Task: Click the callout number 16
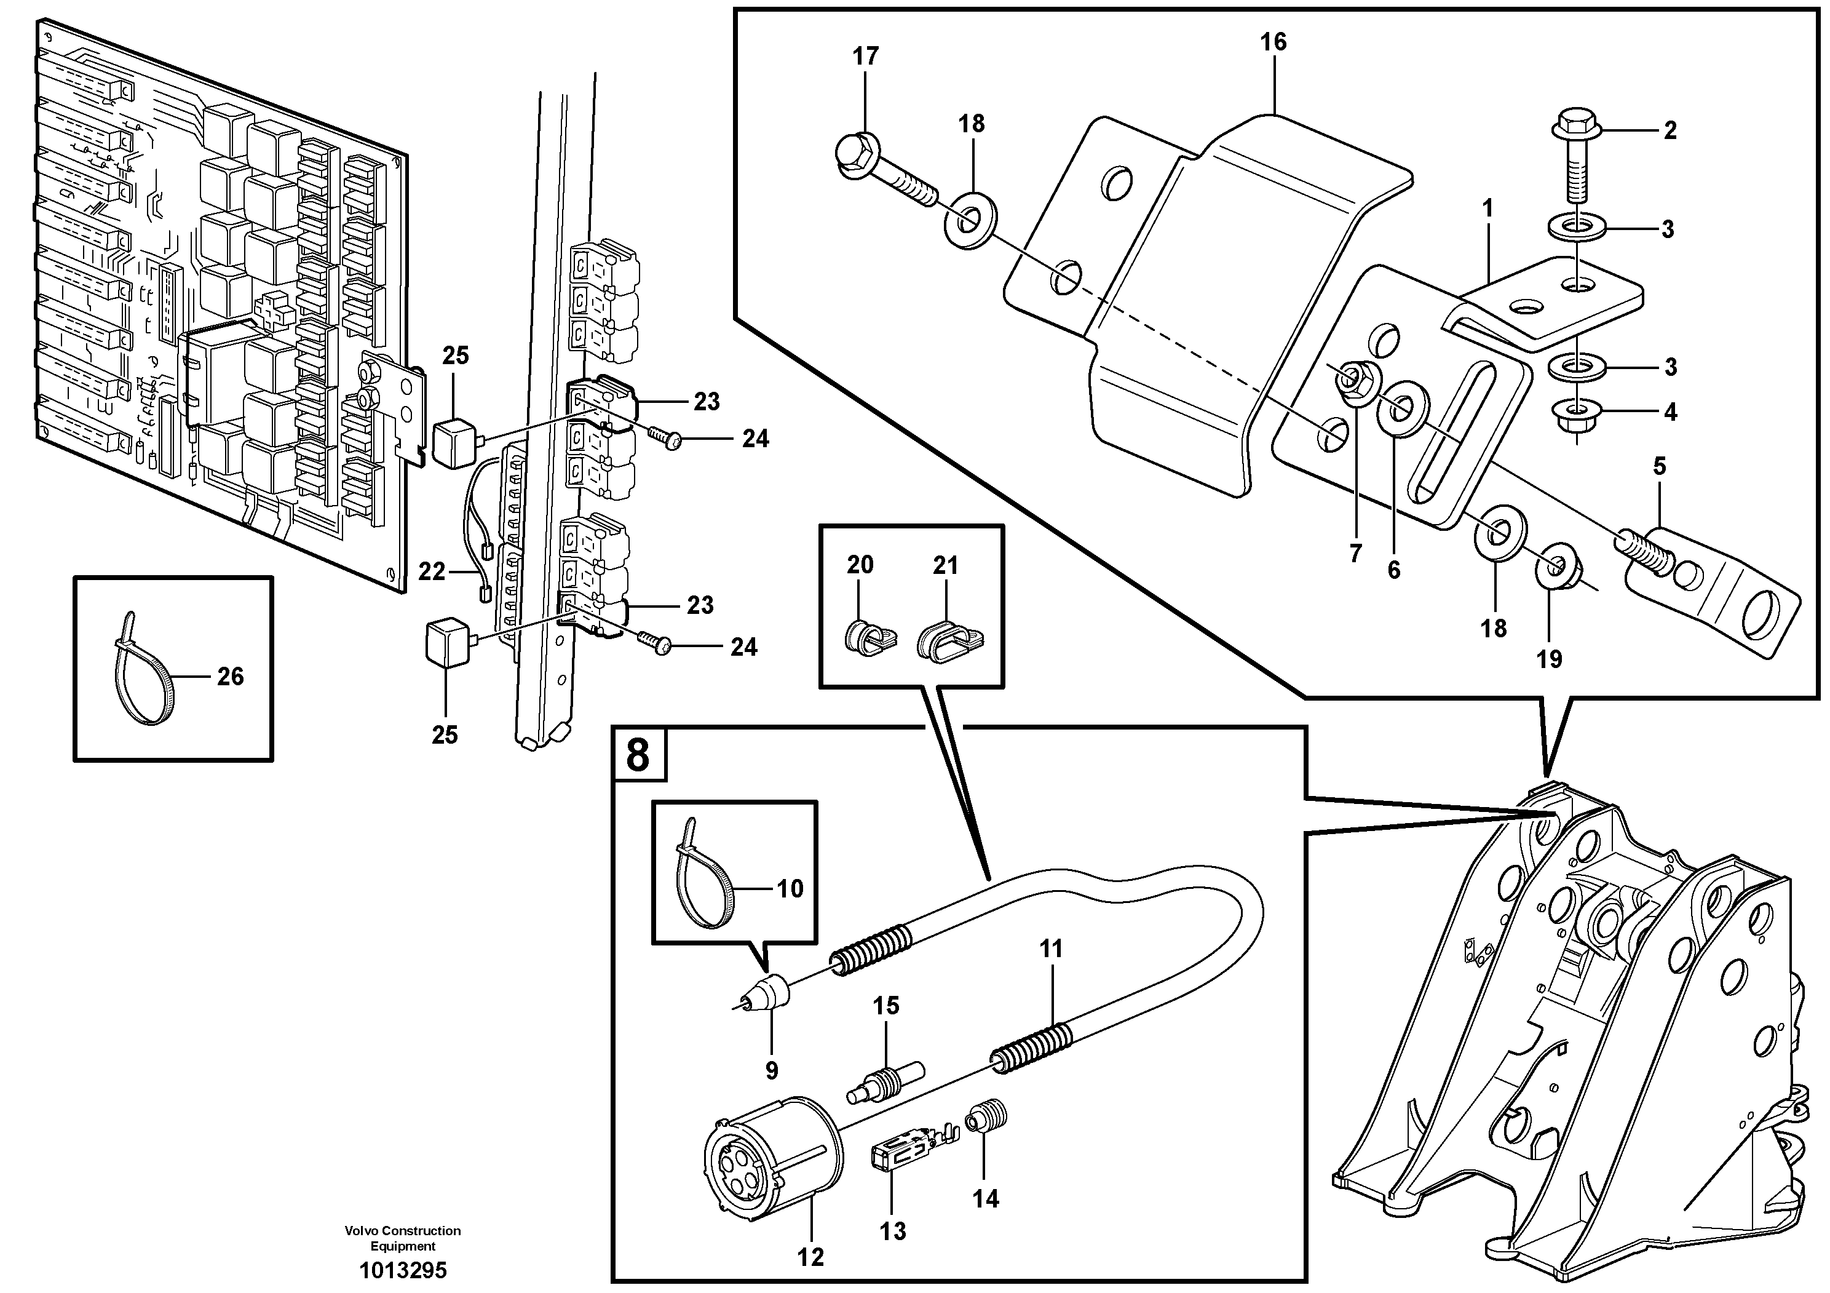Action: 1273,42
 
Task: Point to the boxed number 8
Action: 638,754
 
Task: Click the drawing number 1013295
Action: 403,1270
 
